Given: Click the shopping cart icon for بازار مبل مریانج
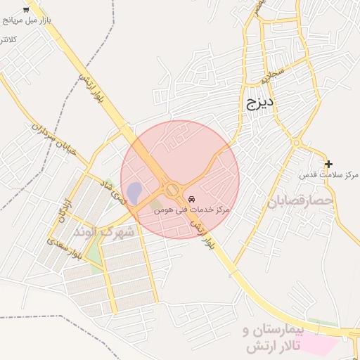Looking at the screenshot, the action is [x=26, y=9].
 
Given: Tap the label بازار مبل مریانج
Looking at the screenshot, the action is [x=26, y=21].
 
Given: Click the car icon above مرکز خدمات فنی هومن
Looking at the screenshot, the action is [x=192, y=200].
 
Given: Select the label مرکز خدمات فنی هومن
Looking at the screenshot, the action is [x=192, y=210].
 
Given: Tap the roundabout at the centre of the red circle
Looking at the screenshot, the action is [x=172, y=190].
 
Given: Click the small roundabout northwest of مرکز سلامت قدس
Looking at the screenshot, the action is [x=297, y=143].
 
